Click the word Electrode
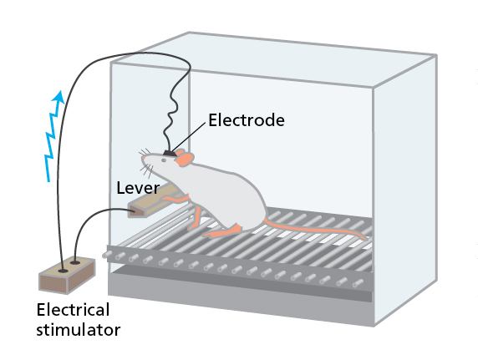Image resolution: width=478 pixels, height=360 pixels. (247, 119)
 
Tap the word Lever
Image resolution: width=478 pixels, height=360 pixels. (138, 188)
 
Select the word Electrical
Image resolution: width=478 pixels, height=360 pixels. (73, 310)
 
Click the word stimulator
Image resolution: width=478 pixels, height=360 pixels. (79, 330)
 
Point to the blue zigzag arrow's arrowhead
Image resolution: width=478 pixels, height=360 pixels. (58, 96)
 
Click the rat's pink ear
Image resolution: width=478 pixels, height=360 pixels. (185, 159)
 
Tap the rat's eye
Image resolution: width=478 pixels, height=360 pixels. (164, 160)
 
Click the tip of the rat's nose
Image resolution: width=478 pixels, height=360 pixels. (143, 157)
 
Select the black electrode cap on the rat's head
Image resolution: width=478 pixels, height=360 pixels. (170, 153)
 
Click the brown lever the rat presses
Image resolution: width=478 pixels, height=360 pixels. (151, 201)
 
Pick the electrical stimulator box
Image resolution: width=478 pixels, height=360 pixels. (67, 276)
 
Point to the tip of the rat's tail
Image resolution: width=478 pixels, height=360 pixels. (365, 238)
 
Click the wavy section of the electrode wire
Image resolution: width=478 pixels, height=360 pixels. (171, 113)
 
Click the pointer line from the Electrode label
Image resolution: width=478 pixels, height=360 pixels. (188, 137)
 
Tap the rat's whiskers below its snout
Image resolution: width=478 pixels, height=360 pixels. (147, 170)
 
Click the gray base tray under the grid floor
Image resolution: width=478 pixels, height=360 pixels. (241, 299)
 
